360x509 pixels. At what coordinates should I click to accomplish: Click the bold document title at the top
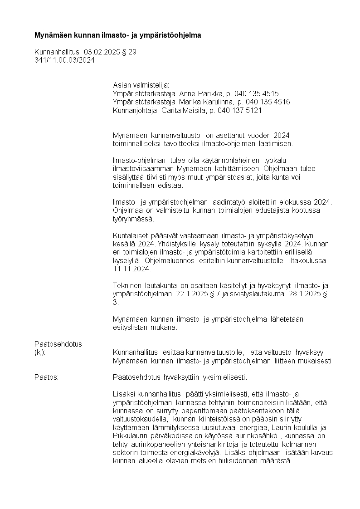[117, 35]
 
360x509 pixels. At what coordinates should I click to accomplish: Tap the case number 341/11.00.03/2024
[64, 60]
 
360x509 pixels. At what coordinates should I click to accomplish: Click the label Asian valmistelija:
[141, 85]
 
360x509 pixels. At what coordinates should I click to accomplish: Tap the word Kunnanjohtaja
[135, 110]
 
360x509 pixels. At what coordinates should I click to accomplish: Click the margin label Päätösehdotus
[58, 344]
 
